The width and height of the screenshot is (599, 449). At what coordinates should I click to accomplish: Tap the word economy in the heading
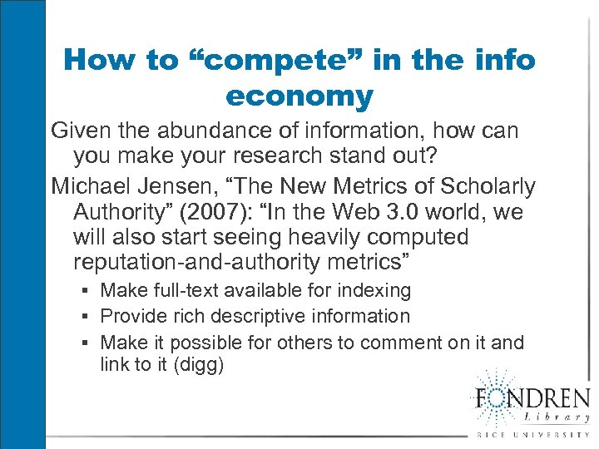coord(299,97)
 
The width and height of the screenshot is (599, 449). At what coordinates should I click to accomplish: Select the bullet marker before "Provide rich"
coord(87,317)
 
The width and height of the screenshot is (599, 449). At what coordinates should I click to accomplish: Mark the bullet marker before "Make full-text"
coord(87,291)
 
